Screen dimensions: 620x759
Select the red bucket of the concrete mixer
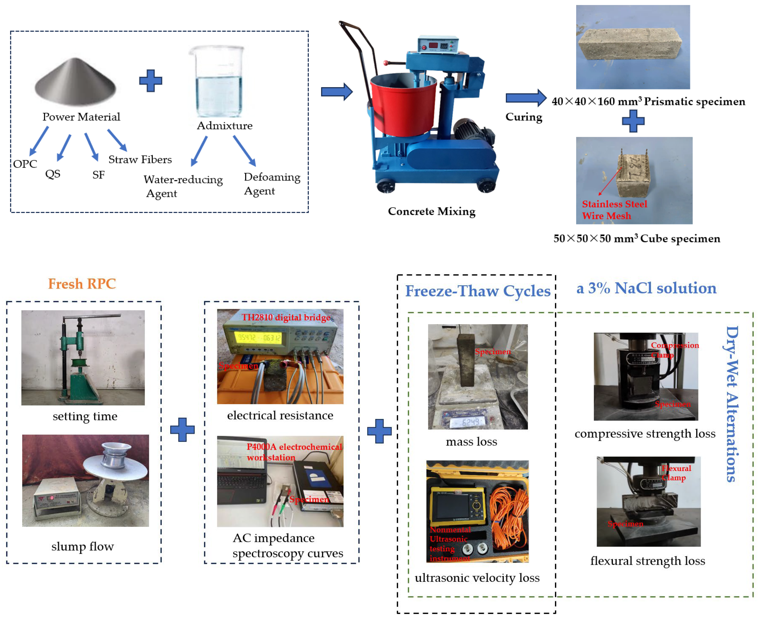click(x=403, y=105)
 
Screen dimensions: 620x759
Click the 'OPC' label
click(x=25, y=164)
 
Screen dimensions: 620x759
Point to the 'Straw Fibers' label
click(x=140, y=160)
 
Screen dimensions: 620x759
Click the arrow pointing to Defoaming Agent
click(x=245, y=150)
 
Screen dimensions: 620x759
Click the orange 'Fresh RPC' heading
click(x=82, y=284)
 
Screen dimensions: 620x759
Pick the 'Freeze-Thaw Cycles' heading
click(x=478, y=291)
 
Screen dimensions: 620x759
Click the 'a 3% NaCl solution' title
click(x=646, y=288)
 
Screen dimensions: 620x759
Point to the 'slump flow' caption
click(x=83, y=546)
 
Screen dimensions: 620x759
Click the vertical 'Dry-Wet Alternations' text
click(x=732, y=403)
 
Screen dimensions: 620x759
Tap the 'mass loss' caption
click(x=471, y=442)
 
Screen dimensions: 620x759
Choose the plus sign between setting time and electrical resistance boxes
click(x=182, y=430)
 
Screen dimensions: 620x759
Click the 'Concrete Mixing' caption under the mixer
click(x=432, y=212)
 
